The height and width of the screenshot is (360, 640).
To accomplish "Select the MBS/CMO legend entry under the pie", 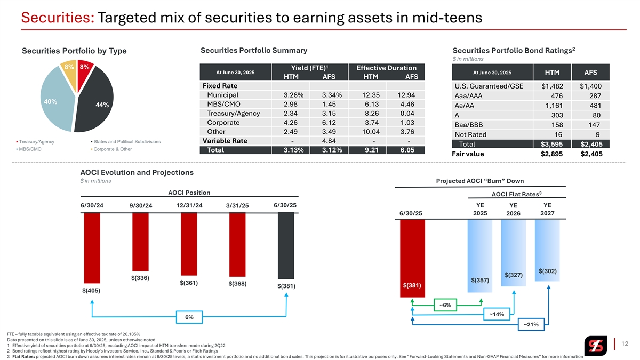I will pyautogui.click(x=29, y=149).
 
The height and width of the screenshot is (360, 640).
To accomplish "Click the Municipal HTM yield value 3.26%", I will pyautogui.click(x=291, y=95).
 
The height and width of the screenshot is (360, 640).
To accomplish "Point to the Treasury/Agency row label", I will pyautogui.click(x=233, y=114).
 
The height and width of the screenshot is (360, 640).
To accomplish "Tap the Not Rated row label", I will pyautogui.click(x=473, y=135).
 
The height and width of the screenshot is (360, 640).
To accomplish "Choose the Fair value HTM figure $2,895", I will pyautogui.click(x=553, y=154).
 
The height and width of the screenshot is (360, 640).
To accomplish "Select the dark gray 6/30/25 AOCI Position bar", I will pyautogui.click(x=286, y=245).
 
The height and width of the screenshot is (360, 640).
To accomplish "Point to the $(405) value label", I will pyautogui.click(x=91, y=291).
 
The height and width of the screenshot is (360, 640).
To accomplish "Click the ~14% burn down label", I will pyautogui.click(x=497, y=314).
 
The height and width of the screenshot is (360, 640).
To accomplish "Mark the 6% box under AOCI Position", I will pyautogui.click(x=189, y=318).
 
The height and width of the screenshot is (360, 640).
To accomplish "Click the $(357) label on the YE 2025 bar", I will pyautogui.click(x=480, y=280).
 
